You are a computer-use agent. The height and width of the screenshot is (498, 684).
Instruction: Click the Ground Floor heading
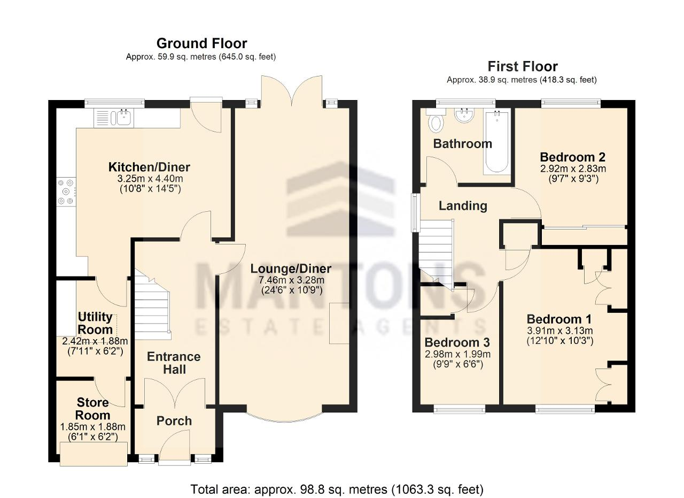(x=202, y=43)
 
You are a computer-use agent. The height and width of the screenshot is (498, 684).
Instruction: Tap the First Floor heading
(x=523, y=66)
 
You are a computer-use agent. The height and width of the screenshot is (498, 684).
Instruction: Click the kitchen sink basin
(x=125, y=118)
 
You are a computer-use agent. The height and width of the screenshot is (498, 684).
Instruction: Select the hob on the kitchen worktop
(x=66, y=192)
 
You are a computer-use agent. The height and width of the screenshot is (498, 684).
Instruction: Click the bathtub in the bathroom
(x=497, y=142)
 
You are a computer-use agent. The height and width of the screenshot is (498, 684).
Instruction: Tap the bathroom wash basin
(x=464, y=116)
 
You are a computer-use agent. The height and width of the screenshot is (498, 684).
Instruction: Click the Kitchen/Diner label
(x=149, y=167)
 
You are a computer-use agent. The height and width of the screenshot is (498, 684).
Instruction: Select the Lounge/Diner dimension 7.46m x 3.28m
(x=292, y=280)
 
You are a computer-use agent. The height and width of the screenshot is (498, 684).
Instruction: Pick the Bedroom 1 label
(x=559, y=319)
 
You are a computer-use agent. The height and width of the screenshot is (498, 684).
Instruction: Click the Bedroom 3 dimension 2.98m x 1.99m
(x=458, y=354)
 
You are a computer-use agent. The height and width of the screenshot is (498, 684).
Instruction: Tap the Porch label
(x=174, y=421)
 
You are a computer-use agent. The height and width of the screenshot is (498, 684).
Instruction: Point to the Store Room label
(x=92, y=409)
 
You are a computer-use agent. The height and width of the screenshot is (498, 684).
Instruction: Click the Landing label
(x=463, y=206)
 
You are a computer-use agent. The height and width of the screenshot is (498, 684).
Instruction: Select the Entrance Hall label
(x=174, y=363)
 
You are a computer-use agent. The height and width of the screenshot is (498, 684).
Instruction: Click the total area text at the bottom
(x=337, y=489)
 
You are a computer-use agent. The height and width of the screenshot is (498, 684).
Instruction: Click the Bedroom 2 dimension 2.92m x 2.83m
(x=573, y=168)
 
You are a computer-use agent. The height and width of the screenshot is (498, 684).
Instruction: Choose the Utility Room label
(x=95, y=323)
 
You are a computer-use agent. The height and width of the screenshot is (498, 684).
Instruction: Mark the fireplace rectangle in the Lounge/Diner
(x=339, y=323)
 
